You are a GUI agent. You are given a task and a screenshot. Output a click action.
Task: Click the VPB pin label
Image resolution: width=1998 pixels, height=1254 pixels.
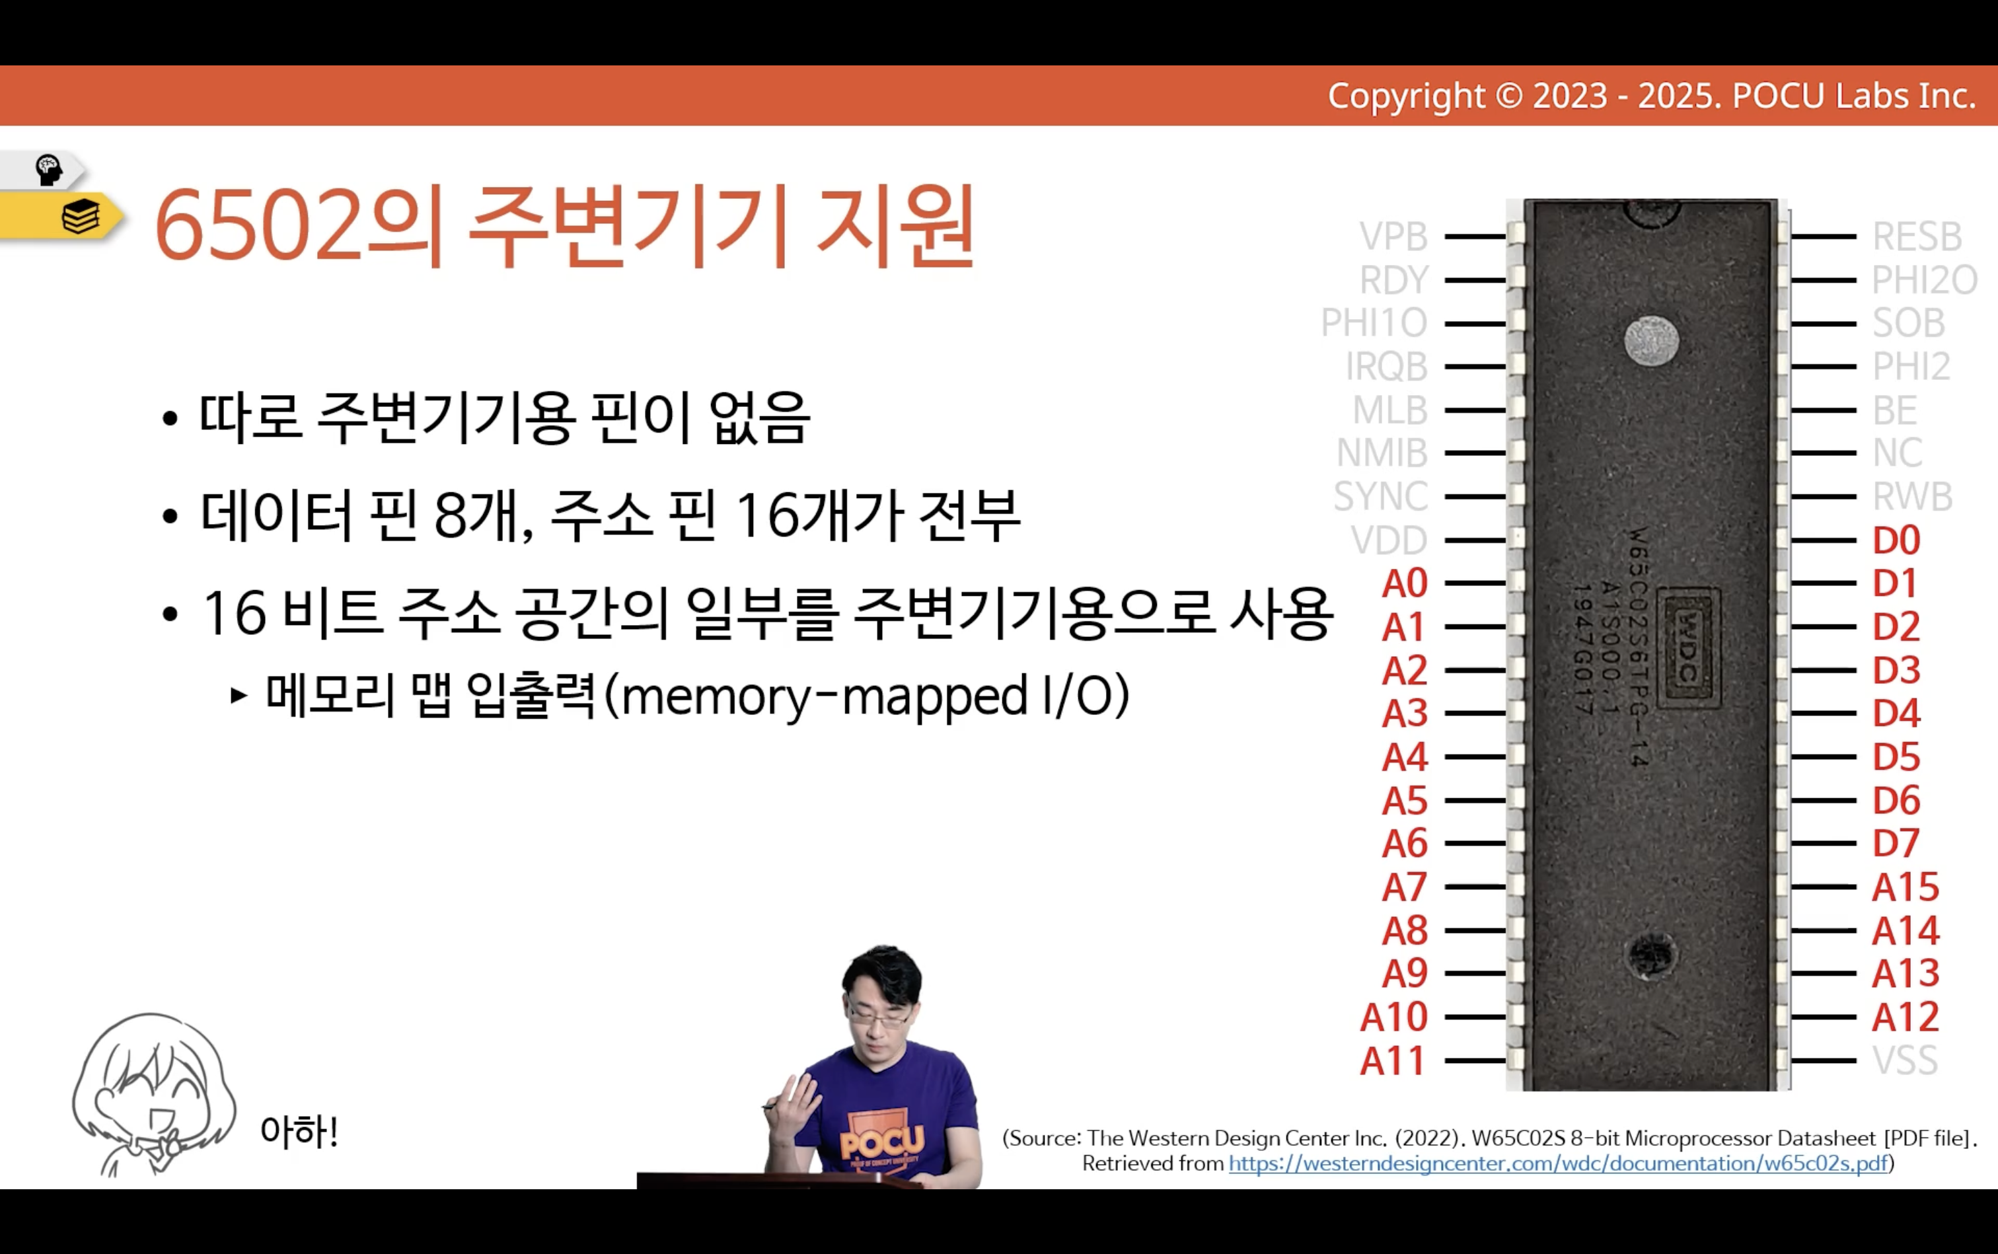[x=1393, y=237]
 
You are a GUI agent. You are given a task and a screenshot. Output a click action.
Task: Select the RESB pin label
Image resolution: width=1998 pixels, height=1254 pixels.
[x=1917, y=237]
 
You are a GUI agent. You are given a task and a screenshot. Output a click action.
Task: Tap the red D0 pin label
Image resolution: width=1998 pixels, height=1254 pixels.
[x=1896, y=540]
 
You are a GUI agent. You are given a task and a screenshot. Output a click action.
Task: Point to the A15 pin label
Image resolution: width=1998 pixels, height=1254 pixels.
[x=1905, y=887]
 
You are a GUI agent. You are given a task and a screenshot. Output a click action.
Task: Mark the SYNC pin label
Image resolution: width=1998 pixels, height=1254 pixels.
[x=1380, y=497]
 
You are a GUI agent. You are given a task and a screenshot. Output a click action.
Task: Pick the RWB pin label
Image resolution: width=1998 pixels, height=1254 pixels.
[x=1911, y=497]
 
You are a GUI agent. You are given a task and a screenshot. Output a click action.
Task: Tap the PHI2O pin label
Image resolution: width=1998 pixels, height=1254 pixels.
[x=1924, y=280]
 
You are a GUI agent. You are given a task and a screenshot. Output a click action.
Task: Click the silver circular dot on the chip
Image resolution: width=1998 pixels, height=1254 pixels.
[x=1651, y=340]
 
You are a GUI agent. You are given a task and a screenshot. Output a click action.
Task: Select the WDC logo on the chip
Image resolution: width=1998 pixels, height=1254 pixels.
[x=1689, y=647]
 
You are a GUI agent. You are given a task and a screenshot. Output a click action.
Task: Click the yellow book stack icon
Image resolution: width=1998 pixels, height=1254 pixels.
[x=81, y=217]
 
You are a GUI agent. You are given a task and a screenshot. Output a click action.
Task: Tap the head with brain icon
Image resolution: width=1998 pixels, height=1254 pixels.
[x=49, y=169]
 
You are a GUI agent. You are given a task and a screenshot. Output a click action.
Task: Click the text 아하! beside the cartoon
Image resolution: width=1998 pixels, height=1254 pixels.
[x=299, y=1131]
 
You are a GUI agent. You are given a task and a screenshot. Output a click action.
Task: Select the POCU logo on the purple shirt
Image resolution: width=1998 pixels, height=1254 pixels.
[x=881, y=1144]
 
